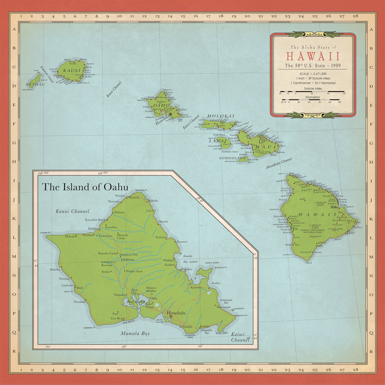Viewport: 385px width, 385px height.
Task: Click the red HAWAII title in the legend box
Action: [x=313, y=56]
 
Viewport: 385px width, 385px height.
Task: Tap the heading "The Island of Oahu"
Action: [x=85, y=187]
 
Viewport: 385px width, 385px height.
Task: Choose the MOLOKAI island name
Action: [x=221, y=116]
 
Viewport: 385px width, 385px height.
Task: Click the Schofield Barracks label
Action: [x=104, y=264]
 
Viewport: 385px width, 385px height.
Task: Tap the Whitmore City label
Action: [x=129, y=255]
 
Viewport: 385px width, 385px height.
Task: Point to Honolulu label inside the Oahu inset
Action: [x=176, y=313]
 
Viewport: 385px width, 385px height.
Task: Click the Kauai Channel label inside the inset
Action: [x=72, y=211]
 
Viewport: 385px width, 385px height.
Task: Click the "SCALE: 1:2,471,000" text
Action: [x=312, y=74]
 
